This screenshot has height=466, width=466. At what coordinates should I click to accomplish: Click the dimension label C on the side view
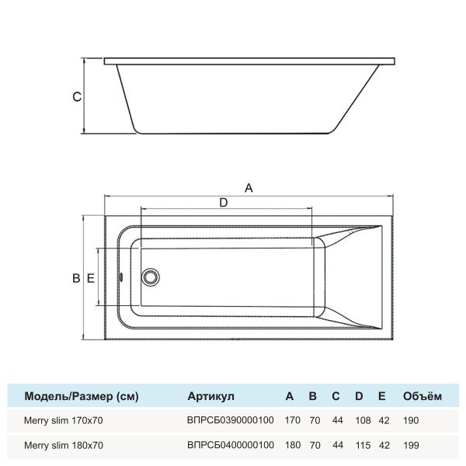click(x=75, y=97)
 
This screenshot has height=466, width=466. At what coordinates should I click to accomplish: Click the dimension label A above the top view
click(x=249, y=187)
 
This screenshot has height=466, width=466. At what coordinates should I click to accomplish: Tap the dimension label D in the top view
click(x=223, y=203)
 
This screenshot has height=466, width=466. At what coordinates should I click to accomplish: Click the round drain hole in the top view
click(x=150, y=277)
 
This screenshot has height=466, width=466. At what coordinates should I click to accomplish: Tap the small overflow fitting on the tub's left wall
click(x=120, y=277)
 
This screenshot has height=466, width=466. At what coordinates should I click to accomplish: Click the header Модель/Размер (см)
click(x=82, y=396)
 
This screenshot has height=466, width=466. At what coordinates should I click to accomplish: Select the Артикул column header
click(x=210, y=396)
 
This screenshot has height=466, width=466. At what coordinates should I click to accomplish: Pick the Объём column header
click(x=422, y=396)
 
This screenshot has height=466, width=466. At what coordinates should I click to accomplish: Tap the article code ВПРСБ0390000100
click(x=231, y=420)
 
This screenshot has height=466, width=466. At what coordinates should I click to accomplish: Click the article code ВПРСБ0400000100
click(x=231, y=446)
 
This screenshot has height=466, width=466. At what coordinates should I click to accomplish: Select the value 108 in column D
click(x=359, y=420)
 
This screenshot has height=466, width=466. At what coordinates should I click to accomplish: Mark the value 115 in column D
click(x=359, y=446)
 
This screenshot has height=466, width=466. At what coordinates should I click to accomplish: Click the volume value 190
click(x=411, y=420)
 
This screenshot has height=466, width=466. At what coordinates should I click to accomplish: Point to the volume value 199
click(x=411, y=446)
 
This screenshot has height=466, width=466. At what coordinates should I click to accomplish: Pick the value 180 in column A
click(x=292, y=446)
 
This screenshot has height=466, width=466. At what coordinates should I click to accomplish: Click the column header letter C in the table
click(x=336, y=396)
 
